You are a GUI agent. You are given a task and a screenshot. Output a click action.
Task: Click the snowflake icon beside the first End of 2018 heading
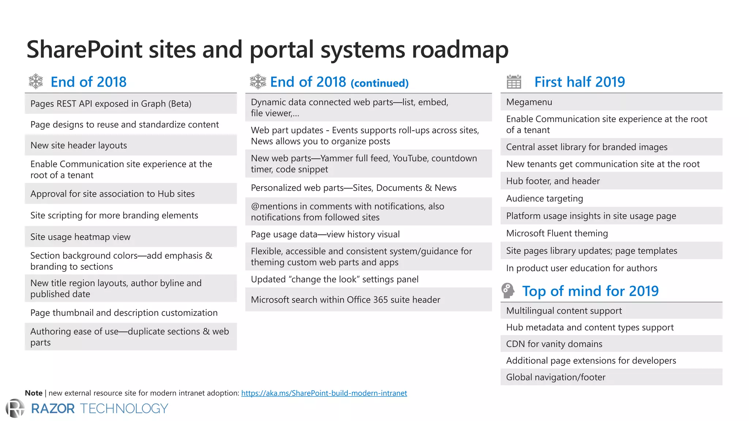tap(36, 81)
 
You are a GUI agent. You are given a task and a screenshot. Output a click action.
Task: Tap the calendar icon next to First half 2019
tap(514, 82)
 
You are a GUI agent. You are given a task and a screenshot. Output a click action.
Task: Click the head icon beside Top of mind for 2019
tap(508, 291)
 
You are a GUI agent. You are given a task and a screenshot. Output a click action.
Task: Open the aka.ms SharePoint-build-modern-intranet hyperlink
tap(324, 393)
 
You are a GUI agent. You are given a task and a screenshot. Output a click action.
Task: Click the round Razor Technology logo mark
tap(15, 408)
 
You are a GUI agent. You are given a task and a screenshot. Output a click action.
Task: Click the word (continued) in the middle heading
tap(379, 83)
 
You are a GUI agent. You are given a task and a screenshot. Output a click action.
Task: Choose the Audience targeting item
tap(545, 198)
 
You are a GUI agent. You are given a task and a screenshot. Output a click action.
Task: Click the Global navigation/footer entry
tap(556, 377)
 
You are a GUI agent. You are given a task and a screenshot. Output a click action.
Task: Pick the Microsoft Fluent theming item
tap(557, 233)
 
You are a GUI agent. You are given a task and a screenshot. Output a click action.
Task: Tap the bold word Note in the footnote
tap(34, 393)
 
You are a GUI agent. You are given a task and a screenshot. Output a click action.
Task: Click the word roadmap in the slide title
tap(460, 49)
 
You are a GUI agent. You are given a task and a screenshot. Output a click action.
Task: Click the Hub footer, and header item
tap(553, 181)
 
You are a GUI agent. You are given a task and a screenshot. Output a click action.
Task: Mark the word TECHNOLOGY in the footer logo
tap(124, 409)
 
